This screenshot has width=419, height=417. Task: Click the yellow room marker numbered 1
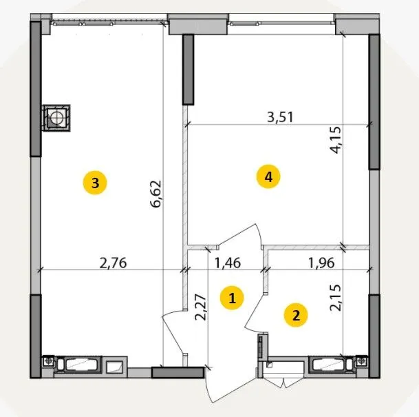[x=232, y=298]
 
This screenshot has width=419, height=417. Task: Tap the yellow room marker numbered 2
[x=296, y=315]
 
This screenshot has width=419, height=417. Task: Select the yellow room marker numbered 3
[x=95, y=183]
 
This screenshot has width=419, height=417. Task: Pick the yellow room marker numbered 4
[x=268, y=176]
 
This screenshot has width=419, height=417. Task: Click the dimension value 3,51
[x=280, y=117]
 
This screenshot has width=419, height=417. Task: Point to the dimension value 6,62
[x=156, y=194]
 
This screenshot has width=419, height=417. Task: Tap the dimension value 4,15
[x=336, y=140]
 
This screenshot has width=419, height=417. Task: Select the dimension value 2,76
[x=113, y=263]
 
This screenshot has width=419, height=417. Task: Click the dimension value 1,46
[x=228, y=263]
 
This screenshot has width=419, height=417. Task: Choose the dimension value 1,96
[x=321, y=263]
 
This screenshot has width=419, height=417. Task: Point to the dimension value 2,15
[x=336, y=297]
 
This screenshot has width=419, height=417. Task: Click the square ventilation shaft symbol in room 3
[x=56, y=118]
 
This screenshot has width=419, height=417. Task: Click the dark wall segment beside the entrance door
[x=178, y=372]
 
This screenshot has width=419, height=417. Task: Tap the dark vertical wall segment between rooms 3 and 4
[x=188, y=70]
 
